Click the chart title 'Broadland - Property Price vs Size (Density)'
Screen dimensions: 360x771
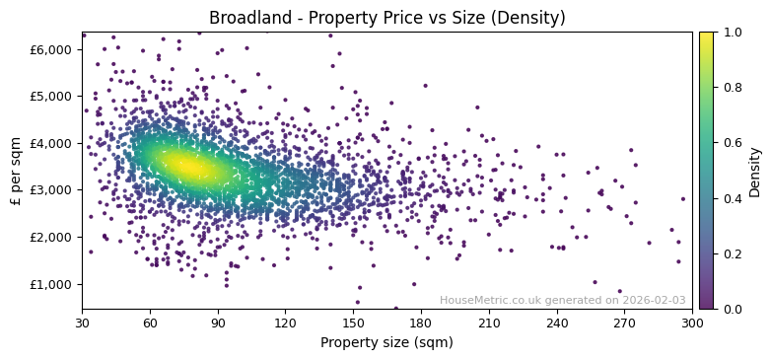tap(386, 18)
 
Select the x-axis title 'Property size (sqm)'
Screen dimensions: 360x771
tap(386, 343)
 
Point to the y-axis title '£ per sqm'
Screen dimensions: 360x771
tap(16, 171)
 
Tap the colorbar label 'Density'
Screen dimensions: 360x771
tap(755, 171)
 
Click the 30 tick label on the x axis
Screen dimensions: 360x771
tap(82, 323)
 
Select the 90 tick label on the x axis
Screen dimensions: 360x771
tap(218, 323)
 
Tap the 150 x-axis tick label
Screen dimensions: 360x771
tap(353, 323)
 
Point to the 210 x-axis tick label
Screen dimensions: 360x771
tap(489, 323)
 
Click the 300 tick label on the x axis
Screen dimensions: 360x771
tap(692, 323)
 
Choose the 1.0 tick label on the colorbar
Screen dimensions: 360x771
tap(731, 33)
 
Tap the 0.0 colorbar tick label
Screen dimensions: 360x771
tap(731, 309)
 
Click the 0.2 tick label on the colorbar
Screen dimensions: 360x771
tap(731, 253)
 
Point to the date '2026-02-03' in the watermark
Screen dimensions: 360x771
tap(654, 300)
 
